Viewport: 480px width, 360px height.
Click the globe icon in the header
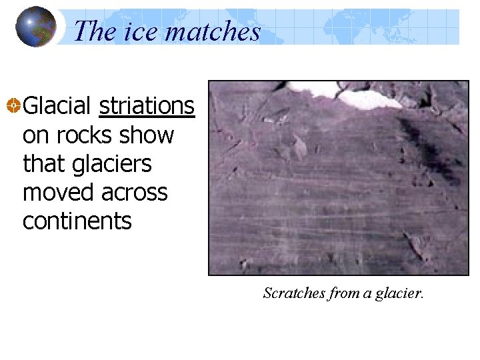coord(35,27)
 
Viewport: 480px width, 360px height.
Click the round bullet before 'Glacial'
coord(13,106)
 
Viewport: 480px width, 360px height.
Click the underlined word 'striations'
coord(147,106)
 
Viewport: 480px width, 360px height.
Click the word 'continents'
coord(77,221)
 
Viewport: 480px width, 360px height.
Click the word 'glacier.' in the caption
coord(397,293)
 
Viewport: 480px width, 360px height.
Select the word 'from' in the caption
coord(340,293)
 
